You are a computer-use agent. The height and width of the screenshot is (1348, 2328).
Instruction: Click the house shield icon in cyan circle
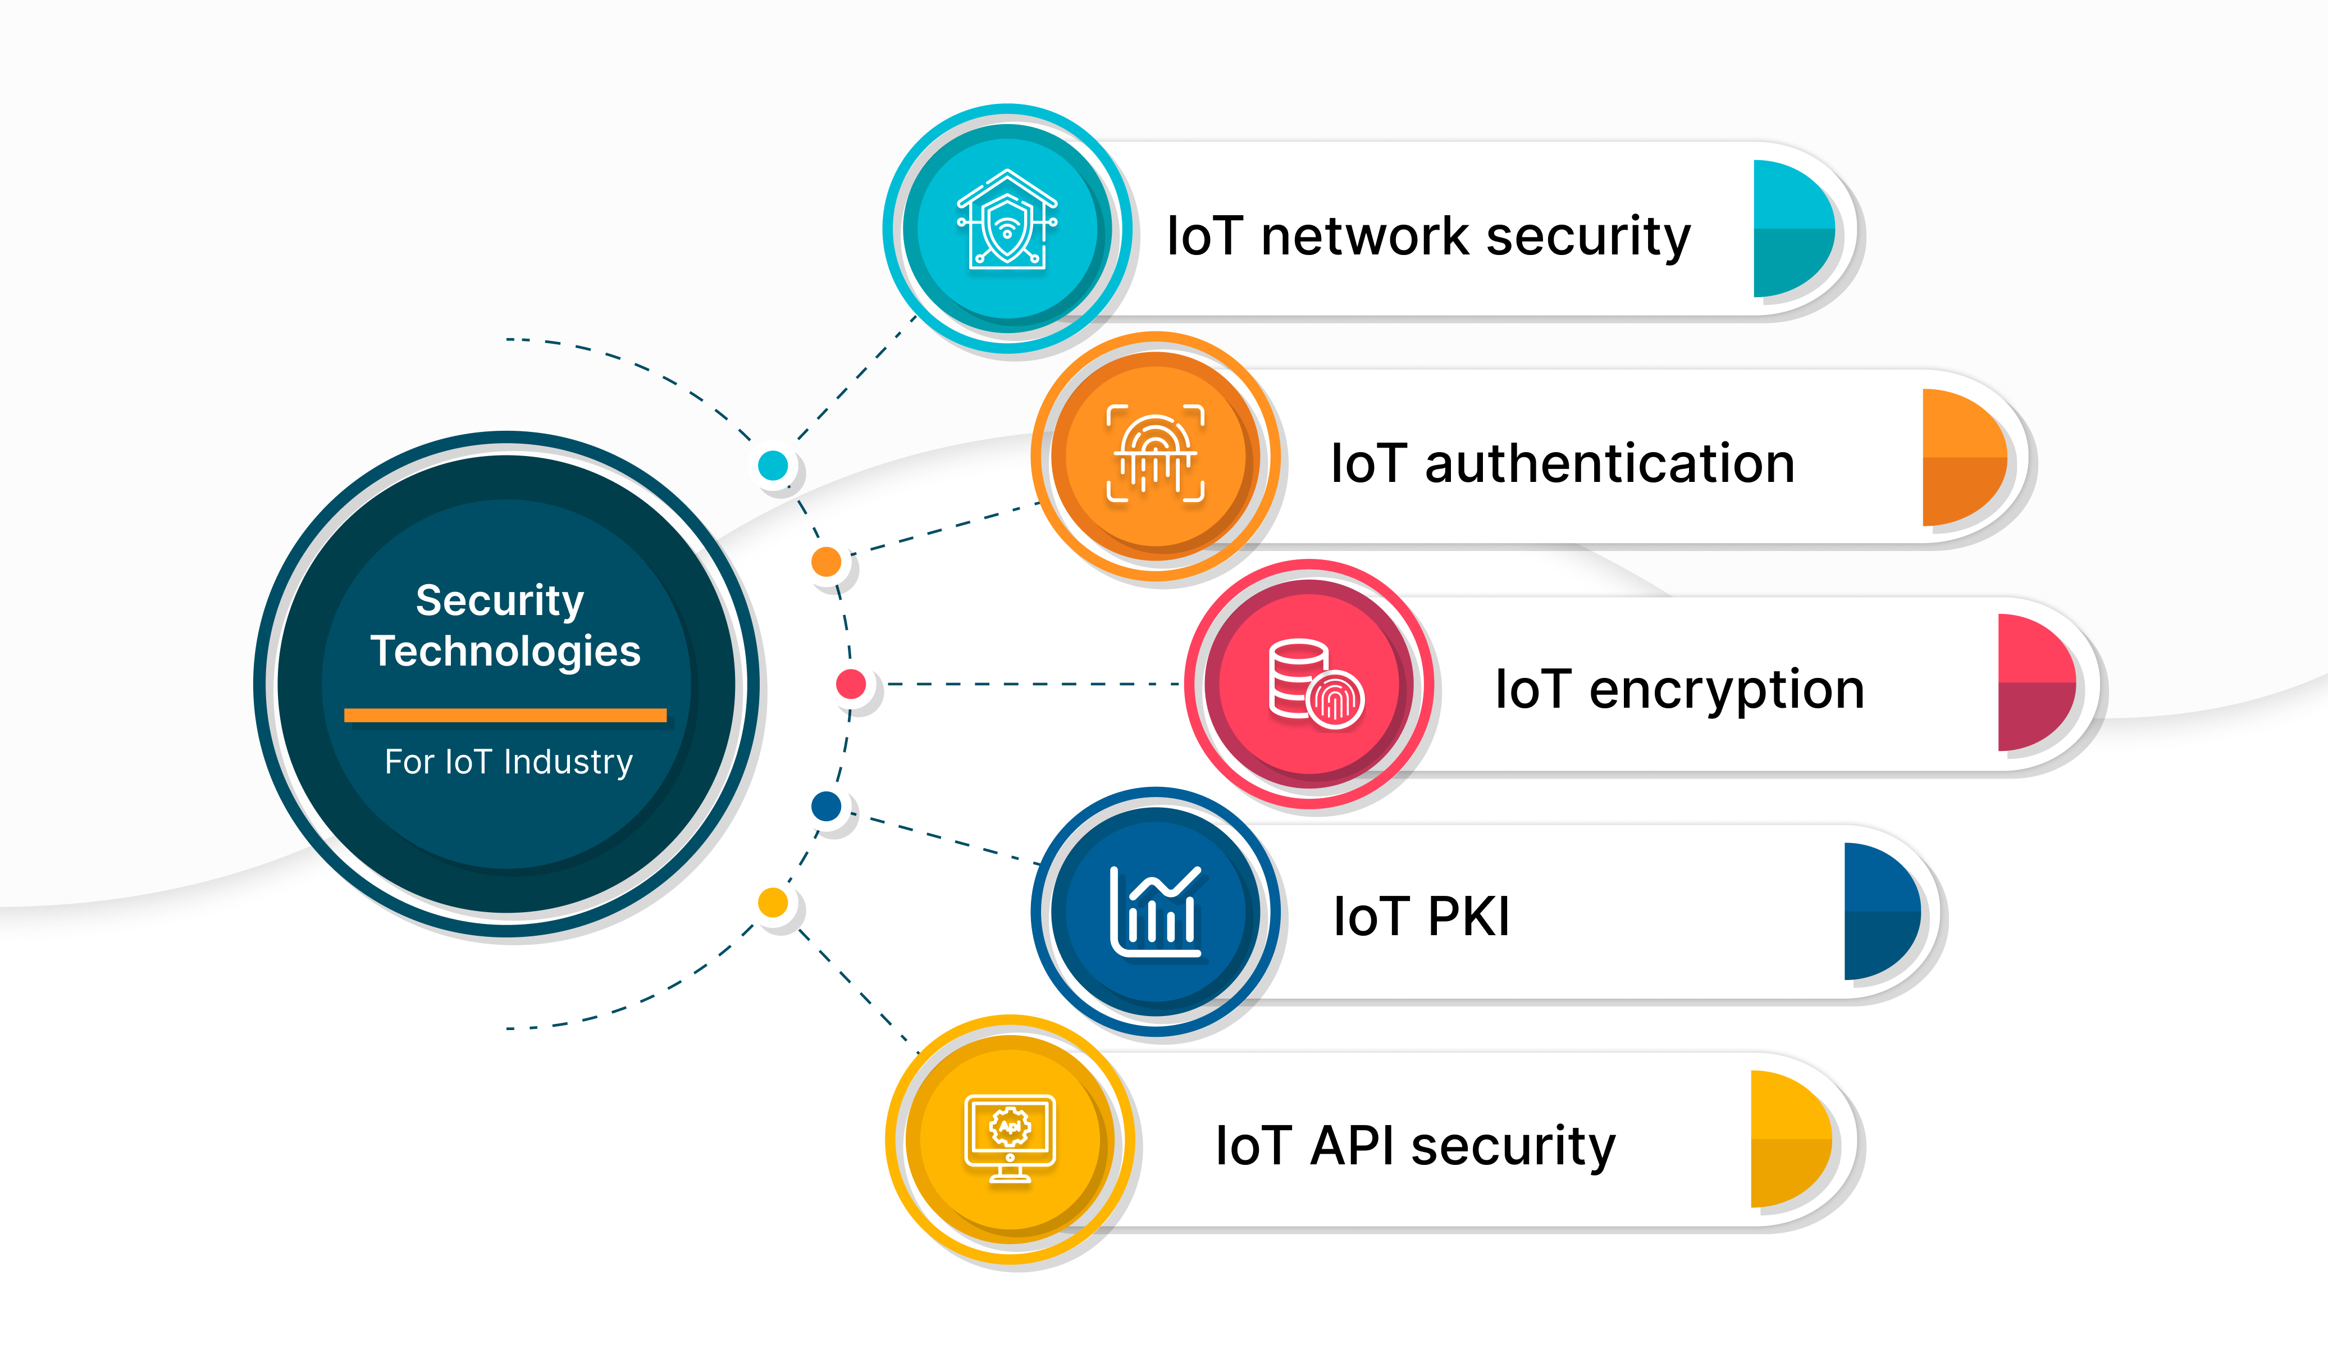pos(1007,220)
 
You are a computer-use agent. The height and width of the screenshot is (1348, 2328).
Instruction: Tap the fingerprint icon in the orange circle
pos(1155,453)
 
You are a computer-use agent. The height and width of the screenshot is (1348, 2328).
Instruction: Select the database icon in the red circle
pos(1314,684)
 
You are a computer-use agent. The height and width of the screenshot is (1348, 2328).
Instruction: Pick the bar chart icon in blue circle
pos(1155,912)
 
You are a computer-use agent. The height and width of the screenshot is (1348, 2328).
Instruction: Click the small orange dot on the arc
pos(826,561)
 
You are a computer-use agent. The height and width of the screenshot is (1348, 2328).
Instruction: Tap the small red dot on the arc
pos(851,684)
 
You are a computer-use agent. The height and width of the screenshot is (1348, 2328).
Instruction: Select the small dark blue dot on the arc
pos(826,805)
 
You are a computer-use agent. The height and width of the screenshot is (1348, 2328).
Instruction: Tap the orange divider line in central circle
pos(505,715)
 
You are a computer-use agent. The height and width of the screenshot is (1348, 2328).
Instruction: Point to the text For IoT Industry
pos(508,761)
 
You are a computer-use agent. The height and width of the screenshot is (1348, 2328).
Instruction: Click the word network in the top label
pos(1364,236)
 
